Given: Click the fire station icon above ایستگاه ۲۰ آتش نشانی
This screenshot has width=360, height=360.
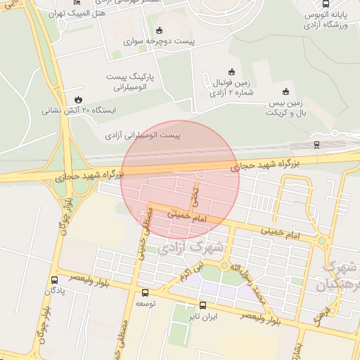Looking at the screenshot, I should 79,99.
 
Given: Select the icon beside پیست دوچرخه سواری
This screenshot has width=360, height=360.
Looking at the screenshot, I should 160,30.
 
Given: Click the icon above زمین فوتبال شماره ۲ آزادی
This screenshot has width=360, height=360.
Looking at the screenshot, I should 231,70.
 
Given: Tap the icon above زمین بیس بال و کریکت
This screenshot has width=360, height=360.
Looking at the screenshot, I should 285,91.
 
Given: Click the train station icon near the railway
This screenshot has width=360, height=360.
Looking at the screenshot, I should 316,145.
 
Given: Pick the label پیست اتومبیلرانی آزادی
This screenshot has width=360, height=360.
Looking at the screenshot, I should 143,134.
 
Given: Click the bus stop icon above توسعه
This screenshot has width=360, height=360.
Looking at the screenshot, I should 146,292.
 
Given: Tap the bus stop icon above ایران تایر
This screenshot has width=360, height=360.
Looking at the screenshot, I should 203,306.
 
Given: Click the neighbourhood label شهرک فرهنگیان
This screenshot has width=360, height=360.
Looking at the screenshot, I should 340,276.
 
